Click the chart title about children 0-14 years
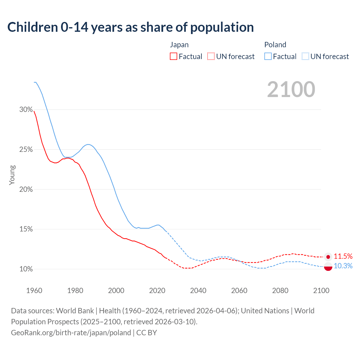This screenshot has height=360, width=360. click(x=130, y=27)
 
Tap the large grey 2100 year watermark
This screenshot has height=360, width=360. click(x=291, y=89)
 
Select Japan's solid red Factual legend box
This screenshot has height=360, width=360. click(x=174, y=57)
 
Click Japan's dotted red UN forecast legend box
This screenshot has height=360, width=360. click(x=211, y=57)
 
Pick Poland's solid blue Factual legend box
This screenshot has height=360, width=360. click(x=268, y=57)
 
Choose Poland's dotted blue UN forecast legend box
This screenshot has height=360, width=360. click(x=305, y=57)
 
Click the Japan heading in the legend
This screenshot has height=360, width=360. click(x=179, y=45)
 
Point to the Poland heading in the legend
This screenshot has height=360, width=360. click(x=275, y=45)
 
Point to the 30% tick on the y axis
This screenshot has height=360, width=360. click(x=26, y=110)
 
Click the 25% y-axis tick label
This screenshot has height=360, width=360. click(x=26, y=150)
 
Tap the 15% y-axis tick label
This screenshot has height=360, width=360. click(x=26, y=229)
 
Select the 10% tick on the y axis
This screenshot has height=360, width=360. click(x=26, y=269)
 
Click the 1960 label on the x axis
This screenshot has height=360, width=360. click(x=34, y=291)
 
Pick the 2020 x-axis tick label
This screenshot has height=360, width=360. click(x=157, y=291)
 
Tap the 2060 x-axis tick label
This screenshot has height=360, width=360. click(x=239, y=291)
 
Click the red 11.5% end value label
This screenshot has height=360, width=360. click(x=343, y=256)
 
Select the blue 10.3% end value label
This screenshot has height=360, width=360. click(x=343, y=266)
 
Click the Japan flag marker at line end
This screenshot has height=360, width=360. click(x=328, y=257)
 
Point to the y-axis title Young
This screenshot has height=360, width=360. click(x=12, y=175)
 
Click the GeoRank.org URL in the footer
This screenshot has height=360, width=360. click(x=71, y=333)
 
